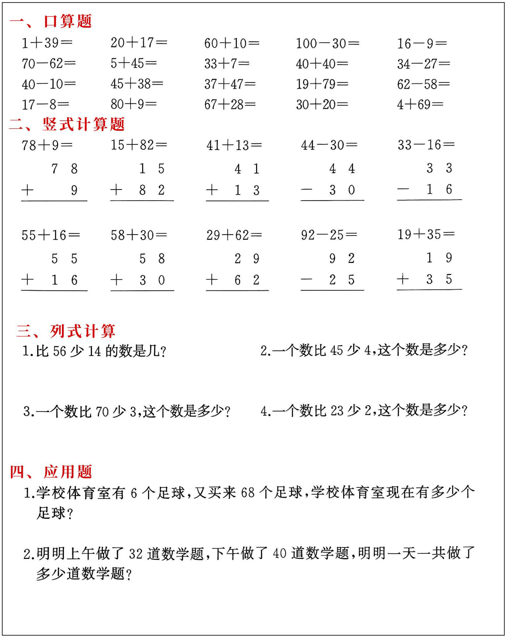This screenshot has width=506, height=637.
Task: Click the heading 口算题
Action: pyautogui.click(x=68, y=21)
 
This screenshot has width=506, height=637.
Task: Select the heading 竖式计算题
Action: pyautogui.click(x=84, y=124)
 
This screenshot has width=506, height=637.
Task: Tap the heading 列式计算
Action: pyautogui.click(x=83, y=331)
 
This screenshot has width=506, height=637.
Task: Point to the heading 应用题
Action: pyautogui.click(x=68, y=472)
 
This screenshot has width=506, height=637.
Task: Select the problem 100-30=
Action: pyautogui.click(x=327, y=43)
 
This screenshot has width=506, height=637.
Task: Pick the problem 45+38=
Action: pyautogui.click(x=137, y=84)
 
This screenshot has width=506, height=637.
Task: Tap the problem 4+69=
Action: pyautogui.click(x=420, y=104)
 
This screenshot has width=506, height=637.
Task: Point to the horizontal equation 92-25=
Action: pyautogui.click(x=329, y=235)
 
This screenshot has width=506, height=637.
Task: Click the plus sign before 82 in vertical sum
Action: pyautogui.click(x=116, y=189)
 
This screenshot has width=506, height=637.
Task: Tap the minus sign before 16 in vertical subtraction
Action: pyautogui.click(x=403, y=189)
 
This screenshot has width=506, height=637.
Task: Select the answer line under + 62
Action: pyautogui.click(x=237, y=290)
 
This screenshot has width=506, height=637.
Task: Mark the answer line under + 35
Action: pyautogui.click(x=429, y=289)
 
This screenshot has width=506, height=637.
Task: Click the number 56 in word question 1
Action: pyautogui.click(x=60, y=351)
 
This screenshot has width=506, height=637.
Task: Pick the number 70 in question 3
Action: pyautogui.click(x=102, y=412)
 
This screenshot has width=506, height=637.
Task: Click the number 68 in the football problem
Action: pyautogui.click(x=248, y=493)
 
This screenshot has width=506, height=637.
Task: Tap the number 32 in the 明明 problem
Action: pyautogui.click(x=136, y=554)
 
